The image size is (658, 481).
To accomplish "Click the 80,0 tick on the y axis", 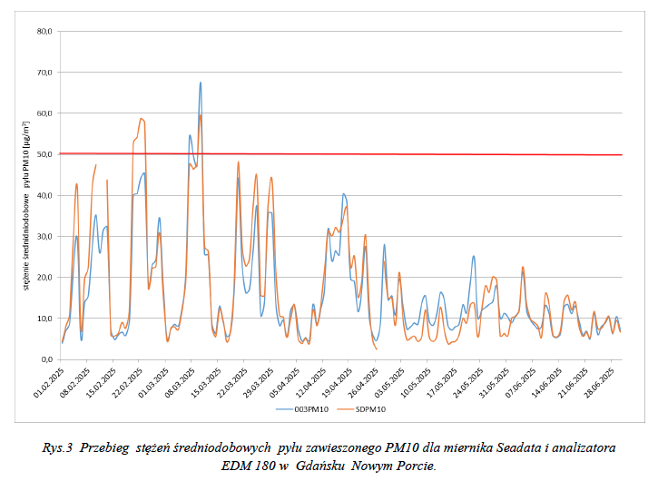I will [43, 31].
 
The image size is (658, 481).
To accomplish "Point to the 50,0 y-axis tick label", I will [43, 154].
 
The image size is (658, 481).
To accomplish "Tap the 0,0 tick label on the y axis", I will [45, 359].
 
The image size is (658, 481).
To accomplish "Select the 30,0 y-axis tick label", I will [43, 236].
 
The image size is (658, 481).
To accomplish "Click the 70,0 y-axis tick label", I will [43, 72].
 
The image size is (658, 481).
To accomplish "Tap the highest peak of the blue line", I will [201, 83].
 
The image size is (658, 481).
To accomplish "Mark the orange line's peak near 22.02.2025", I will [142, 118].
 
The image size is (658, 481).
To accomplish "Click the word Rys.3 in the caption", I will [58, 448].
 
